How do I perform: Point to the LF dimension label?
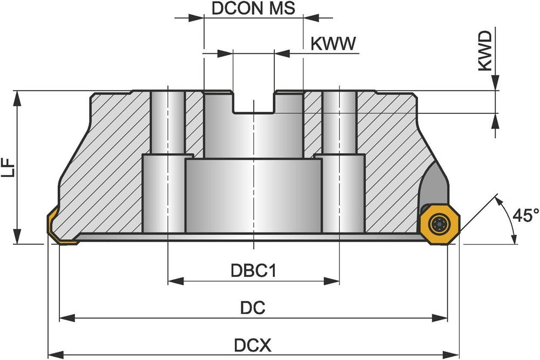coord(9,168)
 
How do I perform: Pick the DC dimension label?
coord(253,308)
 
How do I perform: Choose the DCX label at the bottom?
coord(253,344)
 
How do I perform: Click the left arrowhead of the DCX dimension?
coord(53,355)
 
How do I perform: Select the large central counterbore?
coord(253,194)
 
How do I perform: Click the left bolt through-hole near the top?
coord(168,121)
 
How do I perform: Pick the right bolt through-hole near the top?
coord(339,121)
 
